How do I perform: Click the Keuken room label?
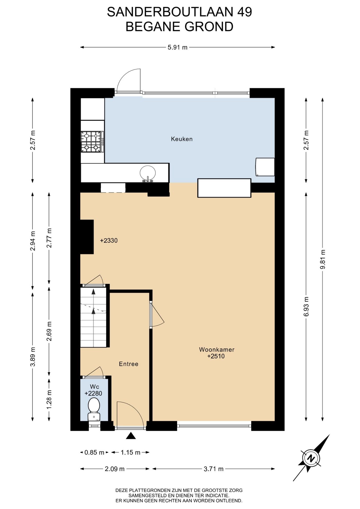tap(182, 139)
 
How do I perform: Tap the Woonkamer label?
tap(217, 349)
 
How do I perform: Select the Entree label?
tap(129, 364)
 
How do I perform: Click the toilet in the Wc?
tap(94, 409)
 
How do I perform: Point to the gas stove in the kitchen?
tap(92, 142)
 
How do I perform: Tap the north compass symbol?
tap(311, 458)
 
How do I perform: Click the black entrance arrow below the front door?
tap(131, 436)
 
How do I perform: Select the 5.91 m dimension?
tap(177, 47)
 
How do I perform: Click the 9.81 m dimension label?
tap(323, 259)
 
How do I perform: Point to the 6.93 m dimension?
tap(306, 306)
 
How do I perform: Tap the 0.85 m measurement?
tap(94, 453)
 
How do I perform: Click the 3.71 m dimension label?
tap(213, 469)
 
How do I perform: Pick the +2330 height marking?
tap(109, 240)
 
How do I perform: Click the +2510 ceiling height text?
tap(216, 356)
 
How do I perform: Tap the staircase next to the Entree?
tap(93, 317)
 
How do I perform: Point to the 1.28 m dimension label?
tap(49, 400)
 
